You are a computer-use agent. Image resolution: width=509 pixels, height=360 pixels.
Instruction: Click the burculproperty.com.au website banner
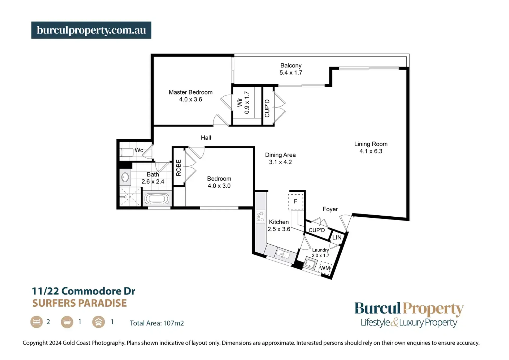[x=91, y=30]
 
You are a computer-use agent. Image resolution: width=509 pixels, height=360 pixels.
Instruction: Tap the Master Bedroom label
[x=190, y=92]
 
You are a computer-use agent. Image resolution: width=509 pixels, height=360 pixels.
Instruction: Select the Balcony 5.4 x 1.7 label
[x=291, y=69]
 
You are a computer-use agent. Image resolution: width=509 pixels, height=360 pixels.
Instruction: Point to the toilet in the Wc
[x=127, y=153]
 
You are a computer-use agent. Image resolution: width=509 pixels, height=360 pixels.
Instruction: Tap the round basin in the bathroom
[x=125, y=177]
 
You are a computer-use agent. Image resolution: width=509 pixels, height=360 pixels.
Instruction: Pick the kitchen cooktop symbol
[x=260, y=216]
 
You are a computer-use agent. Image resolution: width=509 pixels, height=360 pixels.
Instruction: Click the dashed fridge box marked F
[x=295, y=202]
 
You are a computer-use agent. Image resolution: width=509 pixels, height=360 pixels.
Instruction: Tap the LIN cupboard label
[x=337, y=237]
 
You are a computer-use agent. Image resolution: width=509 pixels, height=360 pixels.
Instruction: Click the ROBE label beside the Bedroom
[x=179, y=168]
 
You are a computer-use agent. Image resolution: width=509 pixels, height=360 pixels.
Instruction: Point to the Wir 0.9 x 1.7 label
[x=243, y=102]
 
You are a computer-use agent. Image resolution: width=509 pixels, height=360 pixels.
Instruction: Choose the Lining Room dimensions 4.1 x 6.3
[x=371, y=151]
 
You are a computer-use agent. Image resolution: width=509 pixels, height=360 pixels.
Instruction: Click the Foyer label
[x=330, y=209]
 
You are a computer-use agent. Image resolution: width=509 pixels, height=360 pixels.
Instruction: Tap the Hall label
[x=206, y=138]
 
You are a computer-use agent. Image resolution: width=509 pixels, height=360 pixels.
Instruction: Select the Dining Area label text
[x=280, y=155]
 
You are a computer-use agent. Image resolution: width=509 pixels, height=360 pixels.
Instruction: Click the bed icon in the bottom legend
[x=37, y=322]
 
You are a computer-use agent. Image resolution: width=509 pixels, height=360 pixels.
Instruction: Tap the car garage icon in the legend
[x=98, y=322]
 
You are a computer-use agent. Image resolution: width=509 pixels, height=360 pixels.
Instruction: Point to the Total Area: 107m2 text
[x=157, y=323]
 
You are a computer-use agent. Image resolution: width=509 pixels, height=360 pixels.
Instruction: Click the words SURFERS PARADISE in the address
[x=80, y=303]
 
